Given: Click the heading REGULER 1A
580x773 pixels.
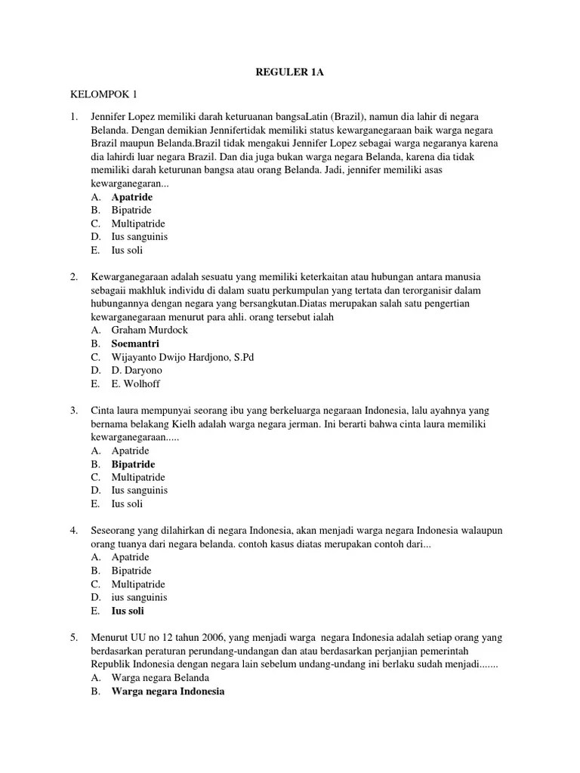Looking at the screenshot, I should (x=290, y=72).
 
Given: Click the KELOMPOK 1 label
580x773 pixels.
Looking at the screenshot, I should (x=104, y=95).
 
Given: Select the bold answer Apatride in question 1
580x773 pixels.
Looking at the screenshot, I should (x=132, y=197).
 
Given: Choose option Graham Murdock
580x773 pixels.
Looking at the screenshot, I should (x=150, y=330).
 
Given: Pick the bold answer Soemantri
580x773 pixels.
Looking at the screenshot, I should (x=135, y=343).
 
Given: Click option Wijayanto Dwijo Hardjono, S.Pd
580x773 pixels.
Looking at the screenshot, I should (x=183, y=357).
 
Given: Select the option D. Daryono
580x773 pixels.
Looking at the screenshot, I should (x=136, y=371).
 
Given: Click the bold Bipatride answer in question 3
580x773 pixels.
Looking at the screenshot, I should (x=133, y=464).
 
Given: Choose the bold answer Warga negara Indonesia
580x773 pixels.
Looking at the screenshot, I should (x=168, y=691).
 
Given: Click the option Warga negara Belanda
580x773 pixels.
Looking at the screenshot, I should (x=160, y=678).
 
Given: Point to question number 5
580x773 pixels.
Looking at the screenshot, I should (x=74, y=638).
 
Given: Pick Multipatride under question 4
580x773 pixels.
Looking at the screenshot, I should (x=138, y=584).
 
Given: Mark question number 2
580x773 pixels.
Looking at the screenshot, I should (x=74, y=277).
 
